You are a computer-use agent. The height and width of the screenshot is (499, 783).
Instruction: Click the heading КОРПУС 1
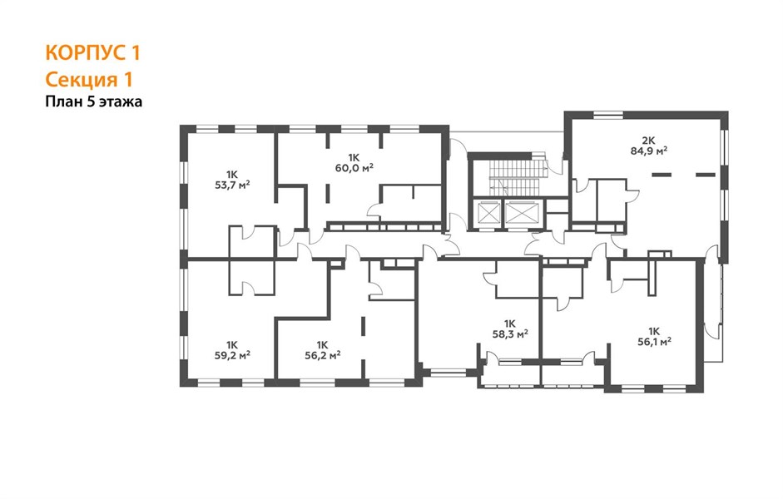[x=93, y=52]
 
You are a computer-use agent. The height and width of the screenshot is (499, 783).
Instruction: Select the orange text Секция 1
[x=89, y=79]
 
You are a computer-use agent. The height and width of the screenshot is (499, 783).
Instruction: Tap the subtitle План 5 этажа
[x=94, y=101]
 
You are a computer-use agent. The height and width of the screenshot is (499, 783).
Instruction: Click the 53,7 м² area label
[x=232, y=185]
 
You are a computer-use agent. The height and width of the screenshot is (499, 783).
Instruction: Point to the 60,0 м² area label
[x=354, y=168]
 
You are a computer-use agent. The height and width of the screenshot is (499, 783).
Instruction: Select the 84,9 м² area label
[x=649, y=151]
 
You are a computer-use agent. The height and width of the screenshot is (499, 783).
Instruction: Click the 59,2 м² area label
[x=232, y=355]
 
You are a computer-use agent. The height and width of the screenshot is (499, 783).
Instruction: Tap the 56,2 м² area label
[x=323, y=355]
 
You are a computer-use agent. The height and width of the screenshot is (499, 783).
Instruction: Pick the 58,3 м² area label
[x=510, y=333]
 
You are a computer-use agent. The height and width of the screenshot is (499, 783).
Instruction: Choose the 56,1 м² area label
[x=654, y=341]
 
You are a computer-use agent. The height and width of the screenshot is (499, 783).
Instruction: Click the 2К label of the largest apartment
[x=649, y=140]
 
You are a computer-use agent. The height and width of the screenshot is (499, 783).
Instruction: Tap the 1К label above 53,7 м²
[x=231, y=175]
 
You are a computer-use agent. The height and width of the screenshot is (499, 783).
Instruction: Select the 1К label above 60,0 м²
[x=354, y=157]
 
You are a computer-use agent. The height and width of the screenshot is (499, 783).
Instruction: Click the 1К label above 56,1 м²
[x=654, y=331]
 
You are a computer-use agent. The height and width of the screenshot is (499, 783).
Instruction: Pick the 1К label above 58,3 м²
[x=510, y=324]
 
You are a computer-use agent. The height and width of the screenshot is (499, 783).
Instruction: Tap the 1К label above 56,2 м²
[x=322, y=345]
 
